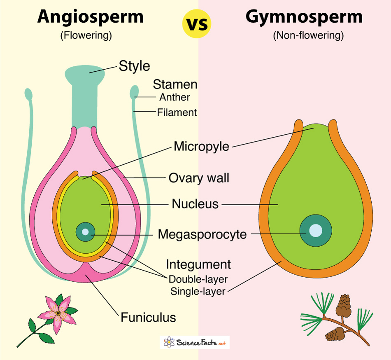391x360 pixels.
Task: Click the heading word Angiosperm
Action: click(x=91, y=17)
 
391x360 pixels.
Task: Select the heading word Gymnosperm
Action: click(x=304, y=17)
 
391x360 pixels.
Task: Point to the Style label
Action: click(x=134, y=66)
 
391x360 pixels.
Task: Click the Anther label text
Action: click(x=175, y=97)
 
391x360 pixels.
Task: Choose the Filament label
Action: click(x=177, y=112)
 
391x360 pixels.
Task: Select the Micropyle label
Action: click(x=201, y=146)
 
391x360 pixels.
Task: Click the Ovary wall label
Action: click(x=199, y=178)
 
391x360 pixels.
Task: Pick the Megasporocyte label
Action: click(x=202, y=234)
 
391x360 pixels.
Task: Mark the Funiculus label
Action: click(x=148, y=318)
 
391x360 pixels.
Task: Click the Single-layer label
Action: click(x=198, y=292)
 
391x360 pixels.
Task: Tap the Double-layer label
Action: click(x=198, y=279)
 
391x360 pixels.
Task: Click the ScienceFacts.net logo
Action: click(x=195, y=342)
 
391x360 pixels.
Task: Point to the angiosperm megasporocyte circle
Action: click(x=85, y=232)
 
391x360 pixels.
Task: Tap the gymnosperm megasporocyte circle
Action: click(x=316, y=230)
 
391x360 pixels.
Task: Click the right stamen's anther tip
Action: click(x=135, y=92)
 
